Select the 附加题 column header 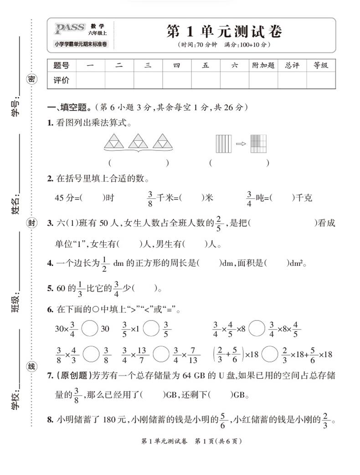(263, 65)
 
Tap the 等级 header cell (321, 65)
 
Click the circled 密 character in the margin (31, 79)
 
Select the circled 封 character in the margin (31, 223)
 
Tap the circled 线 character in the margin (31, 367)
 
